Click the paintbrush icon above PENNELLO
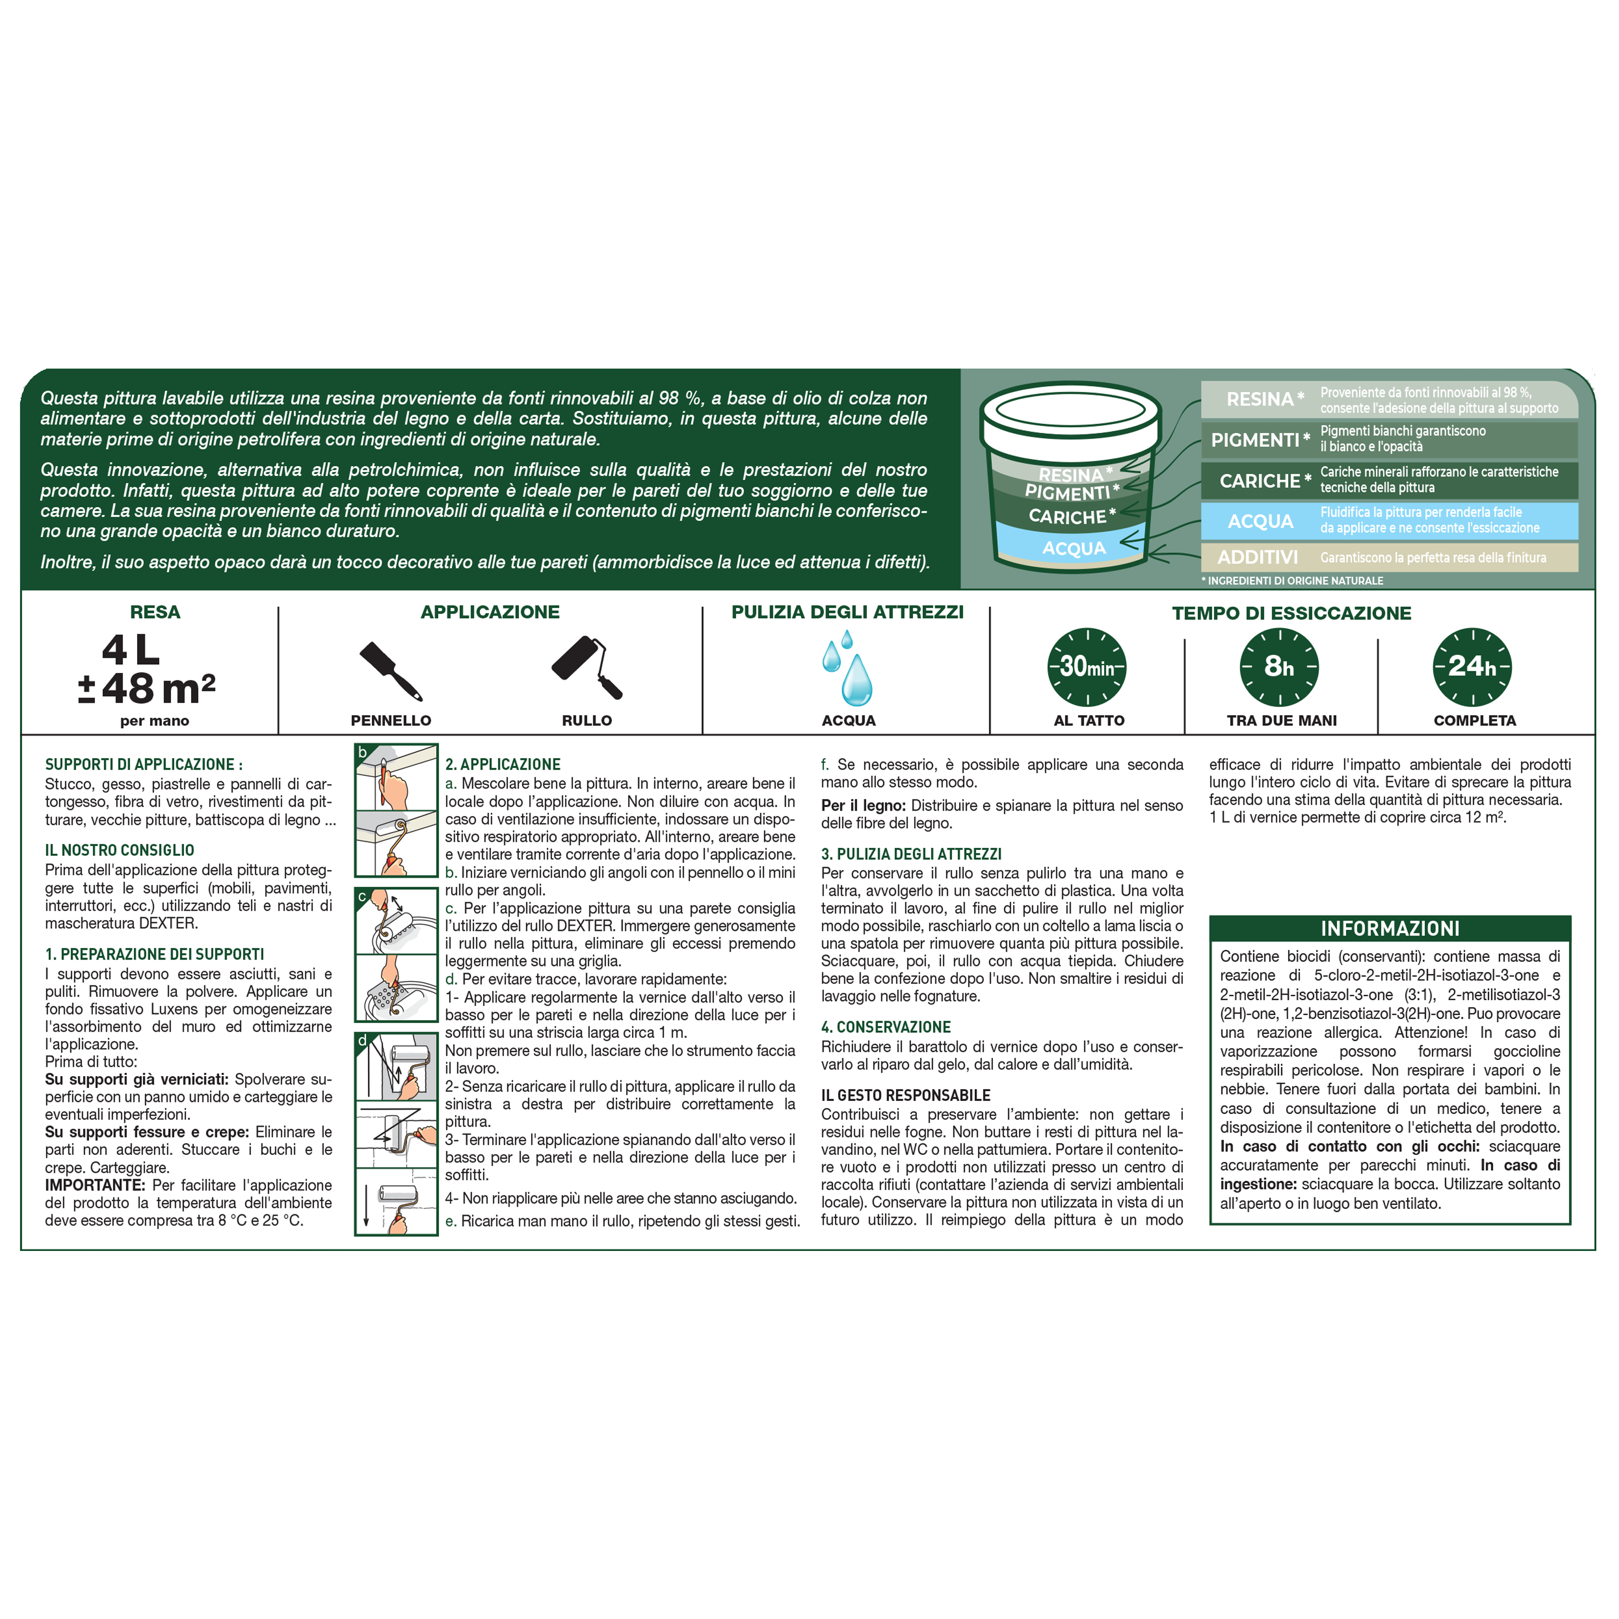[x=391, y=670]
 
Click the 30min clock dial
[x=1087, y=667]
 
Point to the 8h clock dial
[x=1279, y=667]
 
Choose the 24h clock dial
[x=1472, y=667]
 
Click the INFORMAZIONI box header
[x=1390, y=928]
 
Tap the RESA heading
[x=155, y=613]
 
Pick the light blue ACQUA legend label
[x=1260, y=521]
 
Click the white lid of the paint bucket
[x=1070, y=410]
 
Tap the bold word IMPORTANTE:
[x=94, y=1186]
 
